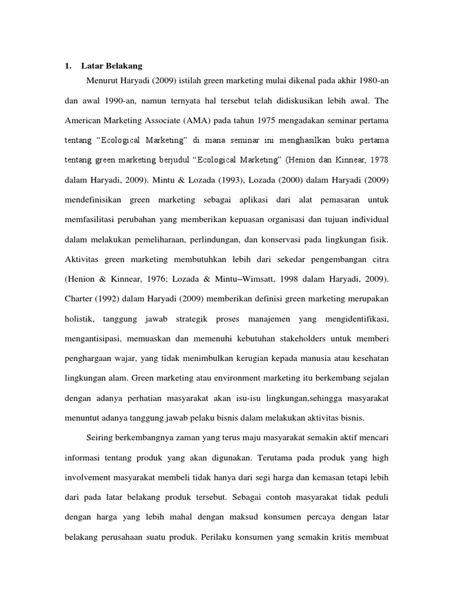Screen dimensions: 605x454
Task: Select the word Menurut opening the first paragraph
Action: pyautogui.click(x=102, y=81)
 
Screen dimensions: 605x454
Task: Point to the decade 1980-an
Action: pyautogui.click(x=366, y=81)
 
